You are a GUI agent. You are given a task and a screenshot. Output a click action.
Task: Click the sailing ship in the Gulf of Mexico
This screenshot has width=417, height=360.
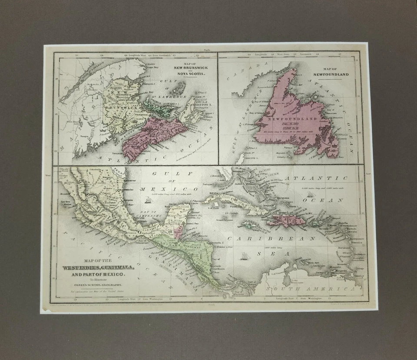point(148,200)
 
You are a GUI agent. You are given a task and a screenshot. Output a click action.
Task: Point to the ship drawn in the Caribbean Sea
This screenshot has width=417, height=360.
point(245,257)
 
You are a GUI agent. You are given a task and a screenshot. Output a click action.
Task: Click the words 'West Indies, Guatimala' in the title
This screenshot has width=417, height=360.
point(98,268)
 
